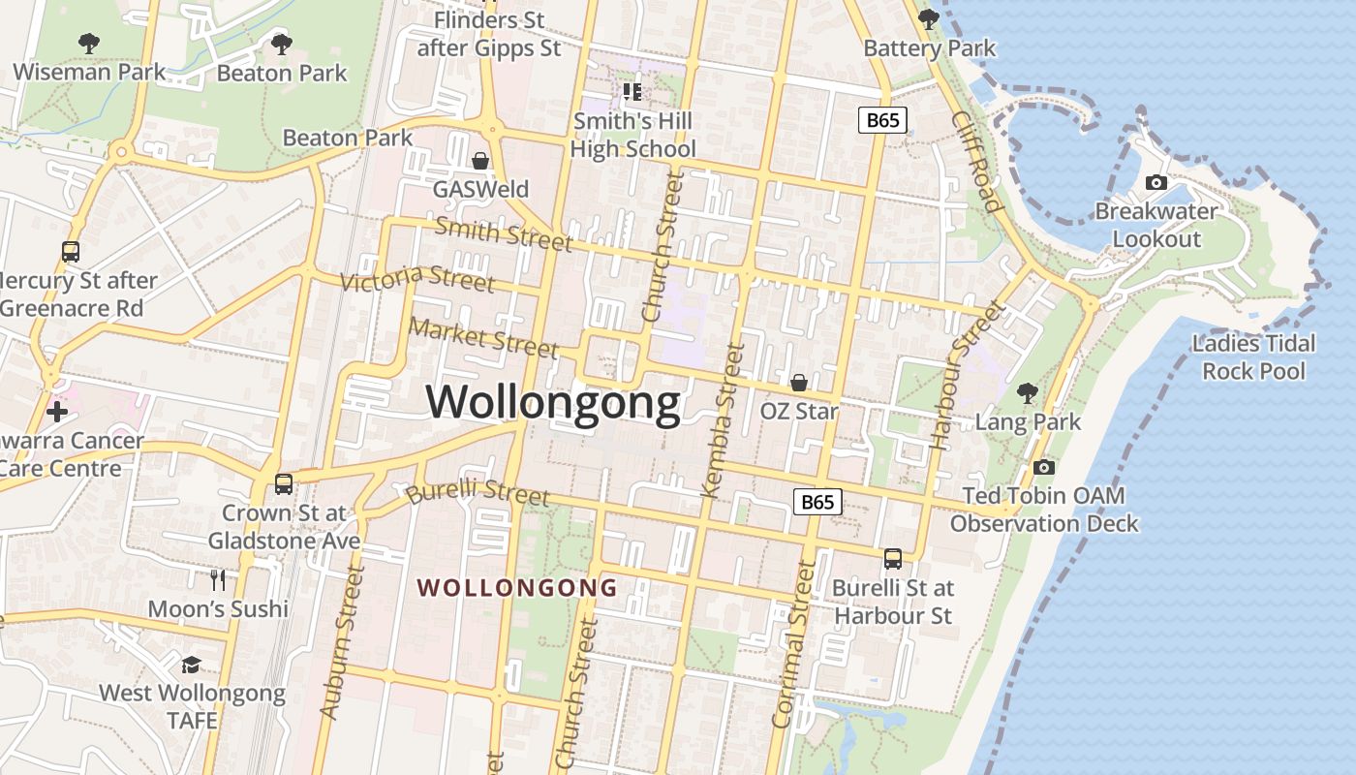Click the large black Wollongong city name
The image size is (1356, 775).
click(553, 402)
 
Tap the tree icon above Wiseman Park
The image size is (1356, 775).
click(88, 44)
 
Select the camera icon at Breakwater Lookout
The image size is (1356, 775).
click(1156, 182)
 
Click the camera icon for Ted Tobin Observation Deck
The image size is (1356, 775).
click(1043, 468)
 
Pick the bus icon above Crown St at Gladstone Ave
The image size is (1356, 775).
click(284, 483)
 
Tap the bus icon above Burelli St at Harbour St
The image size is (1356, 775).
click(893, 559)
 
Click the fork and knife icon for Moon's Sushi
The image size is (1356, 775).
click(218, 579)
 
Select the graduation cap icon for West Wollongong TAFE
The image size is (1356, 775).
click(192, 665)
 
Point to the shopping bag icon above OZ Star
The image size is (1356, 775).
click(799, 383)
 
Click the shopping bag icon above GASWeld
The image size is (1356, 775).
click(480, 160)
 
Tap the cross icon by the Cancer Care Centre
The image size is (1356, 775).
click(57, 411)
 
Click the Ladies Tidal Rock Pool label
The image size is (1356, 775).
click(1253, 356)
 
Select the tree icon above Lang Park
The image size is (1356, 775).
click(1028, 393)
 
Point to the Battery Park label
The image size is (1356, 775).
click(929, 47)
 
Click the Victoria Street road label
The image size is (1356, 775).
click(417, 279)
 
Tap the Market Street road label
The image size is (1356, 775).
click(483, 336)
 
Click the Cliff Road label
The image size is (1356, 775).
click(975, 161)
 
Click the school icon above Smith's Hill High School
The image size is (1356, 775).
click(632, 92)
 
